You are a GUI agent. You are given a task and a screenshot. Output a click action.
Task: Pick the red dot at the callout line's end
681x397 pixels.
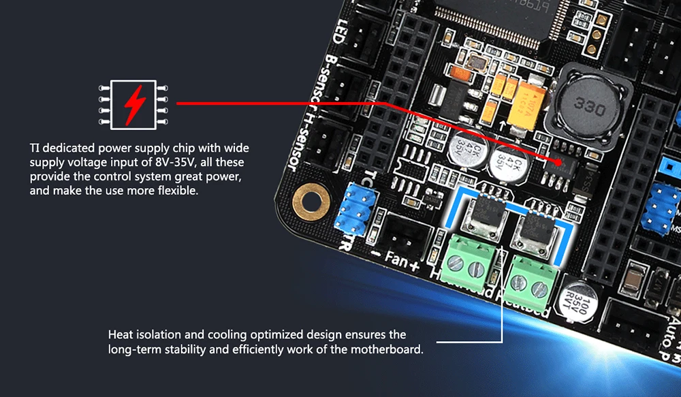coord(559,163)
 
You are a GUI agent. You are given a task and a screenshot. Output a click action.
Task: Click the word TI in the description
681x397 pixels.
coord(35,148)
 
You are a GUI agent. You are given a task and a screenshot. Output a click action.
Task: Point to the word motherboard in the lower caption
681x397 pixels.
coord(390,349)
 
